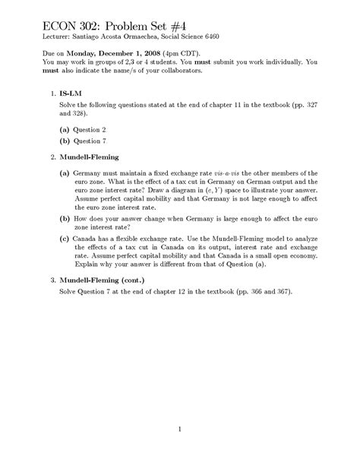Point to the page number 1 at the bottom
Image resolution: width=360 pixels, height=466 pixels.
click(179, 430)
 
